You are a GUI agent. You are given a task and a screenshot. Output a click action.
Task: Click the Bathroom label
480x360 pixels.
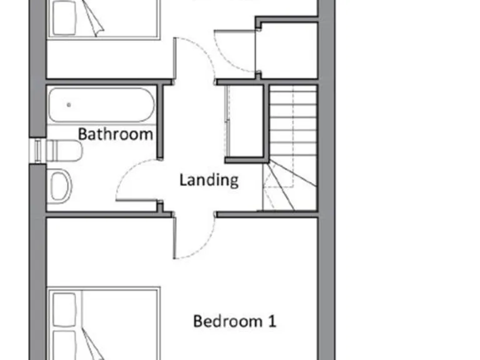116,134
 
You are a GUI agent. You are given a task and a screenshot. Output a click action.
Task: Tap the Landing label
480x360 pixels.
209,180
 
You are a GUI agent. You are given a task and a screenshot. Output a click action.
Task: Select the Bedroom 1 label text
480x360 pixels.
234,321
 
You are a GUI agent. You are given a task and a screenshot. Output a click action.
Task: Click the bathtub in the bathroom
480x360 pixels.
101,105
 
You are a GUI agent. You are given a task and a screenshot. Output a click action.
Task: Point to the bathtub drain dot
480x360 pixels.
68,105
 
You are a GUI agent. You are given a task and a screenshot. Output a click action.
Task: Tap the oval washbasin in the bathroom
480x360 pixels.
61,186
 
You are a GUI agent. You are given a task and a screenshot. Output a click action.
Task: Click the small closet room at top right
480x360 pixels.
289,50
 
